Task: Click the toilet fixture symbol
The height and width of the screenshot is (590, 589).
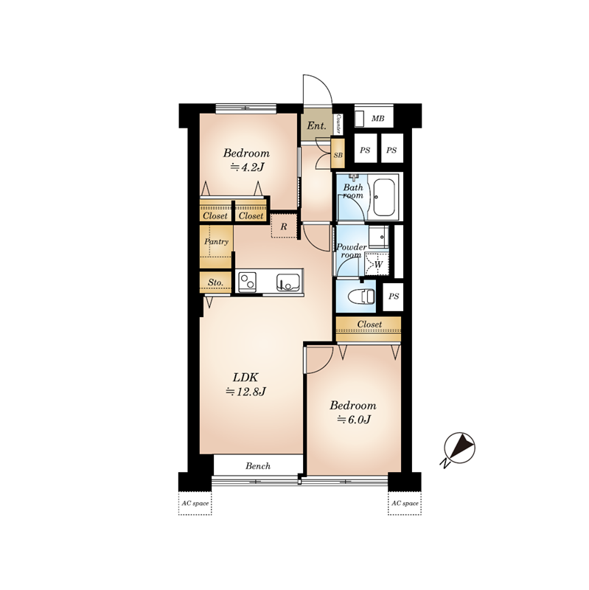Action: click(362, 296)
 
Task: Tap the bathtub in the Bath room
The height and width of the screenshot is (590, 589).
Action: click(383, 196)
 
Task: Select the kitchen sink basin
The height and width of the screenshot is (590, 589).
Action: click(288, 282)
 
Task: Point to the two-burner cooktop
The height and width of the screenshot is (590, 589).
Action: click(248, 282)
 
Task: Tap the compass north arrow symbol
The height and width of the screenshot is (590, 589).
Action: click(459, 449)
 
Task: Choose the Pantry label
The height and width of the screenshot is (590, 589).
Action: click(216, 241)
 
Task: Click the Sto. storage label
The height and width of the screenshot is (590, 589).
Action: click(215, 282)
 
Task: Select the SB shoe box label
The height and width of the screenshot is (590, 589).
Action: click(338, 155)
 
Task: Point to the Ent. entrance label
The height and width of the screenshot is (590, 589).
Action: click(317, 125)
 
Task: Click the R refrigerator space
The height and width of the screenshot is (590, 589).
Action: click(284, 226)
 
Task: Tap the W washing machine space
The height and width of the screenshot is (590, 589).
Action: click(377, 264)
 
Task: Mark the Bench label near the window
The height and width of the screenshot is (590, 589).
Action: click(258, 466)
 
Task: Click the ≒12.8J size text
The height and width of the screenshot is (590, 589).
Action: click(246, 392)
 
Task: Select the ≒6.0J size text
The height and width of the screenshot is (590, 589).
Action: click(354, 420)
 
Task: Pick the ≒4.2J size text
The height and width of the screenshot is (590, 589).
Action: click(247, 167)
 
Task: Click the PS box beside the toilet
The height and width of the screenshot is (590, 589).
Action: click(393, 296)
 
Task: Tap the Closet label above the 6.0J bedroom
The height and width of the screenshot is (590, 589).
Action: click(369, 324)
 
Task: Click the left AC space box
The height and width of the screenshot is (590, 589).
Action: click(195, 503)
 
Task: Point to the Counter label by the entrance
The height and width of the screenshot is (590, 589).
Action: click(338, 124)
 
